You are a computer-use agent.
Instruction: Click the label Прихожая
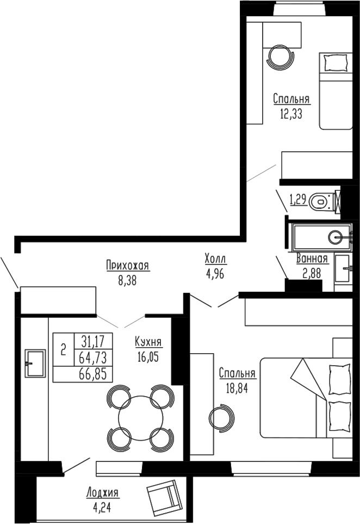128,266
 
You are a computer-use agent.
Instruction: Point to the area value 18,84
237,389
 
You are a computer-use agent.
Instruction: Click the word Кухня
148,342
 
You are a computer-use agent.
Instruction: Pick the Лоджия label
102,493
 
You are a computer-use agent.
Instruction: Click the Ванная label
312,260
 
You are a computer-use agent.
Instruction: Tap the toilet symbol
321,202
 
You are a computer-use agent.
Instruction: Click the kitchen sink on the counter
34,362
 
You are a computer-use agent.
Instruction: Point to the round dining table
141,417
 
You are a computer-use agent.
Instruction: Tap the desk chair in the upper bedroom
282,56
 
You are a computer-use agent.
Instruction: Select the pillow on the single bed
332,63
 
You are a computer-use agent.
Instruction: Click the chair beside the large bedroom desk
222,417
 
